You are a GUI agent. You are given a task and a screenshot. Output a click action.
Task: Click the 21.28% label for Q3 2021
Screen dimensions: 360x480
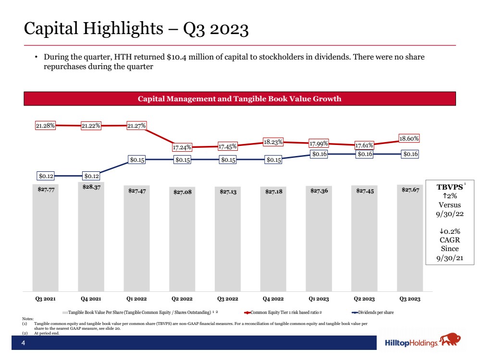pos(46,126)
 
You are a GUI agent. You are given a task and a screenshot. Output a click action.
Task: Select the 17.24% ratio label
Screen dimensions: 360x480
pos(183,147)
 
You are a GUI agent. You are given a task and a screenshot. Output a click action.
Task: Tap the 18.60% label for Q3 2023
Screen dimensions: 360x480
pos(409,138)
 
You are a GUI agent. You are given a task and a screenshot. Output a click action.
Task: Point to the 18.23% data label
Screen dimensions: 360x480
pos(273,142)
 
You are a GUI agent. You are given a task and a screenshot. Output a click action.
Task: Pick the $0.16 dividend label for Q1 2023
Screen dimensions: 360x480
pos(319,154)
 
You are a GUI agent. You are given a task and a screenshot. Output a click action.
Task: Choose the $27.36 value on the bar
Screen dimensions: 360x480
pos(319,191)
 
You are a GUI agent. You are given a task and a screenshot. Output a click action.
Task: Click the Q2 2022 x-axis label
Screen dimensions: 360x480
pos(182,299)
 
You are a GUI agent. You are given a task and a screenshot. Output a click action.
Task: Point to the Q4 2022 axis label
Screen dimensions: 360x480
pos(273,299)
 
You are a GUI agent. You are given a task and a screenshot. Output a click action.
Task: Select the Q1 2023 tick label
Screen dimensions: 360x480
pos(319,299)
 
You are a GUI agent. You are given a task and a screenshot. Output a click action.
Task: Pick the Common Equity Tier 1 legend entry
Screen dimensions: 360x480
pos(283,312)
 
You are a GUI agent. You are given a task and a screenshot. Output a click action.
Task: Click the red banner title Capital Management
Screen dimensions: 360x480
pos(240,99)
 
